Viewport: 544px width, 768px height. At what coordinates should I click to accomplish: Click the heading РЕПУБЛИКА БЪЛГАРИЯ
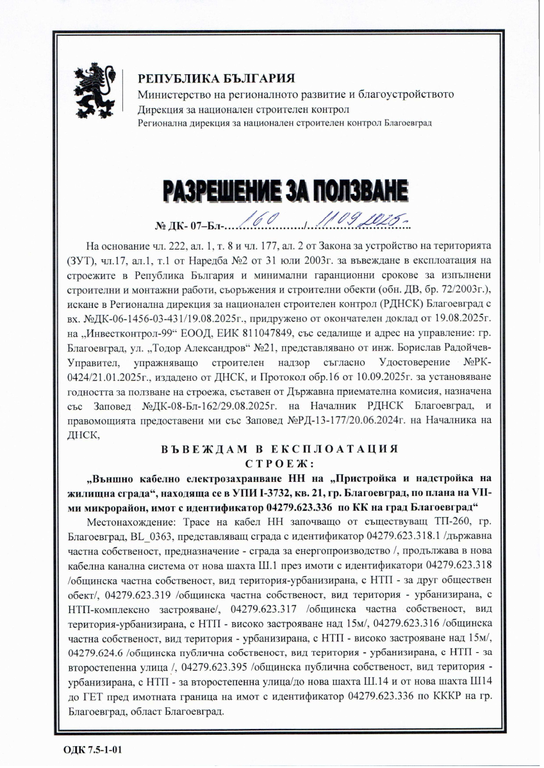pyautogui.click(x=217, y=79)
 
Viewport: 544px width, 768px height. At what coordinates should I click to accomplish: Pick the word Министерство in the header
pyautogui.click(x=168, y=95)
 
